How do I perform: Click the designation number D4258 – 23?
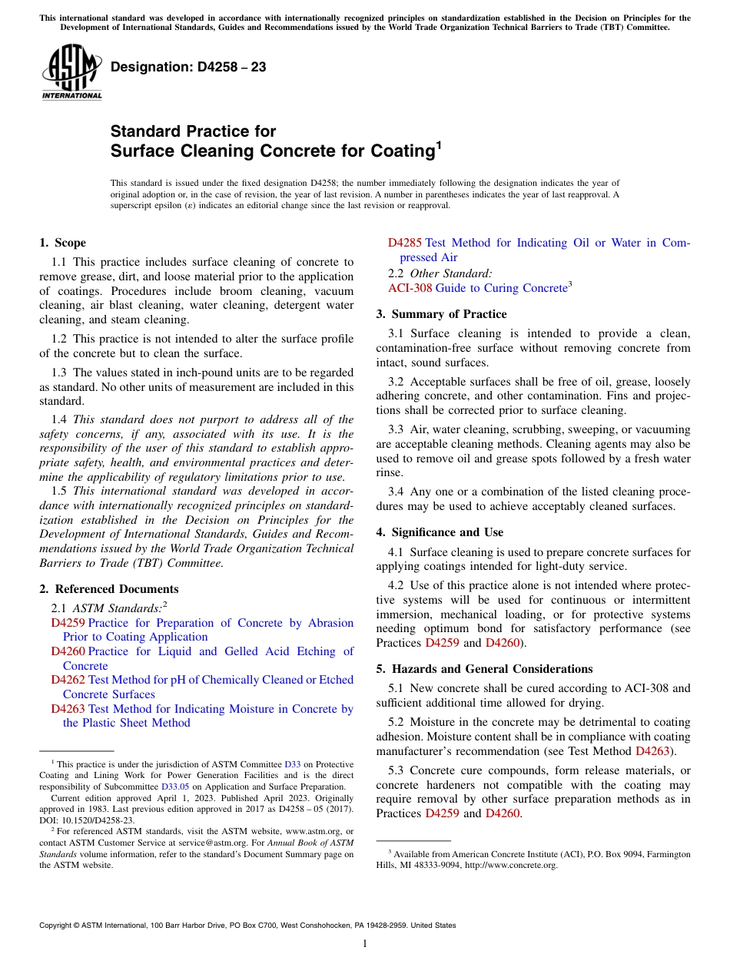(188, 67)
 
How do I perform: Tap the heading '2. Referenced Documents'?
(108, 589)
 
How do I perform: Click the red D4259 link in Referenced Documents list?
(68, 623)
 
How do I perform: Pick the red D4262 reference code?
(68, 680)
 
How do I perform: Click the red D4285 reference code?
(404, 243)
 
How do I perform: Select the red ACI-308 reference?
(410, 288)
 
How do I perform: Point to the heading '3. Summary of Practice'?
(441, 313)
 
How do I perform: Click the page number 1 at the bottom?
(365, 944)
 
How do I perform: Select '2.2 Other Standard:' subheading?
(440, 273)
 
